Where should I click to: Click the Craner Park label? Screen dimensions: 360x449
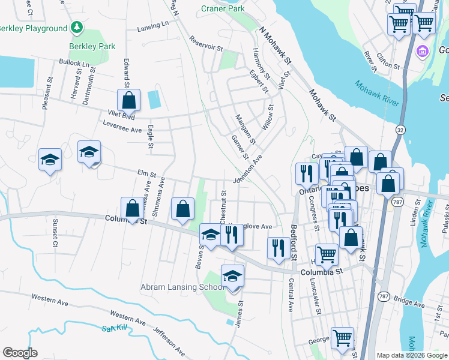pyautogui.click(x=223, y=10)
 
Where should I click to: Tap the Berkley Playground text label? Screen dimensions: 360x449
pyautogui.click(x=32, y=28)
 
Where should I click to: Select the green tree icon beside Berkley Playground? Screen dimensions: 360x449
pyautogui.click(x=76, y=28)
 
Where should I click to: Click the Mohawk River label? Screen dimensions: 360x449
pyautogui.click(x=376, y=94)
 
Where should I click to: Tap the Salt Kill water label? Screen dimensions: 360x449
pyautogui.click(x=116, y=328)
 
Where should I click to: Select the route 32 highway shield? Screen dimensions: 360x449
pyautogui.click(x=400, y=130)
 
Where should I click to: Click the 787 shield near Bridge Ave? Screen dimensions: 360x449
pyautogui.click(x=383, y=296)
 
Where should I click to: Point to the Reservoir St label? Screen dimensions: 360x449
pyautogui.click(x=206, y=43)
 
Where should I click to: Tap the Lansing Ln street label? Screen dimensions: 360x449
pyautogui.click(x=152, y=27)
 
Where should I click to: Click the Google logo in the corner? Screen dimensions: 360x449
pyautogui.click(x=20, y=353)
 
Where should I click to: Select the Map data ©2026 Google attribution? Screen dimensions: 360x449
pyautogui.click(x=412, y=355)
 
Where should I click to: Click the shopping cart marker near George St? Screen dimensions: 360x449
pyautogui.click(x=342, y=337)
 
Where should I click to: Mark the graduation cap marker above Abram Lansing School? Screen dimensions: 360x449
pyautogui.click(x=232, y=276)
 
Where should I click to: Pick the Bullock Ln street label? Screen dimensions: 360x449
pyautogui.click(x=74, y=63)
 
